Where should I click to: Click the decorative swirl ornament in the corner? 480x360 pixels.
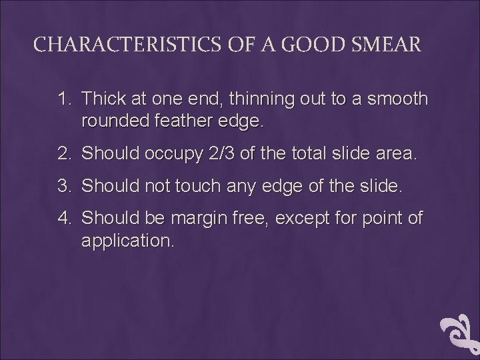(461, 333)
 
